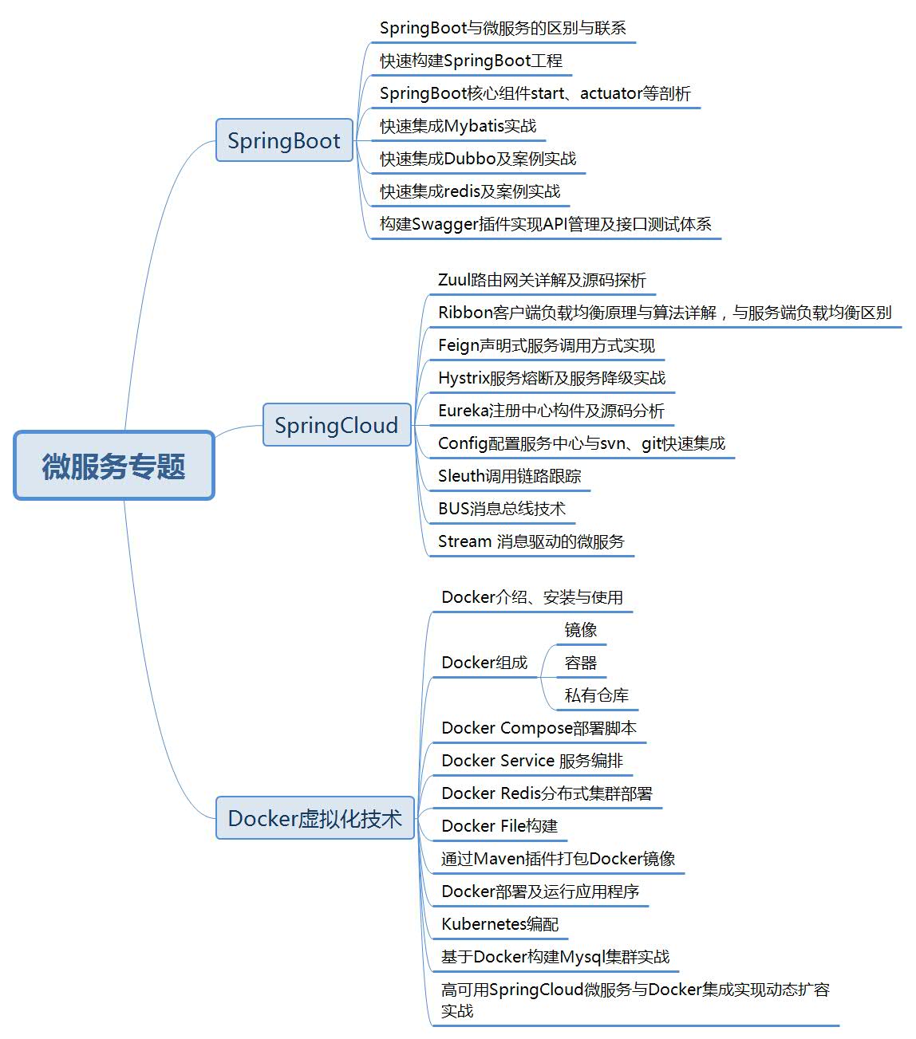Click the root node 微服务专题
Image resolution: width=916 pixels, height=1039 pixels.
pyautogui.click(x=114, y=466)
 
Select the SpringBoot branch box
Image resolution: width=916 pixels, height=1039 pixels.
pyautogui.click(x=284, y=140)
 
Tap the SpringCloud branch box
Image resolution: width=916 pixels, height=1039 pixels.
pyautogui.click(x=336, y=425)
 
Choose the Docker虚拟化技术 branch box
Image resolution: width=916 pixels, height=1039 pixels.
pyautogui.click(x=315, y=818)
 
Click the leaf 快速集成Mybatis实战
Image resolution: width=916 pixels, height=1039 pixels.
pyautogui.click(x=458, y=126)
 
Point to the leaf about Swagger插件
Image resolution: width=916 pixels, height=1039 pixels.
pyautogui.click(x=545, y=224)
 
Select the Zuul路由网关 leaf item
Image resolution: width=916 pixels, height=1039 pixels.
pyautogui.click(x=542, y=280)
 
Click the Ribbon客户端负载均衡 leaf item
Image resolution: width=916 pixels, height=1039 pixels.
pyautogui.click(x=664, y=313)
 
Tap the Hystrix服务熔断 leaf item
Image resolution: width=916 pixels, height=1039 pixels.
pyautogui.click(x=551, y=378)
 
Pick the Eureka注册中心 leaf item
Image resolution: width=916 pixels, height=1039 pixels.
pyautogui.click(x=551, y=411)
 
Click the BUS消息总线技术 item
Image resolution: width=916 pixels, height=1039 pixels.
pyautogui.click(x=501, y=509)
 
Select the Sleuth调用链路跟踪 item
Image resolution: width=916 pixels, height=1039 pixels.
pyautogui.click(x=509, y=476)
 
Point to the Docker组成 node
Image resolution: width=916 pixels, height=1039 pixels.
pyautogui.click(x=484, y=663)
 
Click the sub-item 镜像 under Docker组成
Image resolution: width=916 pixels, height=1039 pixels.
pyautogui.click(x=580, y=630)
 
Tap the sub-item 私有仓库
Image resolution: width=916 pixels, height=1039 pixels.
pyautogui.click(x=596, y=695)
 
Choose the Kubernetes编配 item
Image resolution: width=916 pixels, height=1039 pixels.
pyautogui.click(x=499, y=924)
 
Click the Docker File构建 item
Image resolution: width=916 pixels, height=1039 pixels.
pyautogui.click(x=499, y=826)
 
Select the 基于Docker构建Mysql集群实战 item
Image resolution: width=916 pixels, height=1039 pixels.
pyautogui.click(x=555, y=957)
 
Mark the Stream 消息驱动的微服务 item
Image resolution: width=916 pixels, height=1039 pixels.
pyautogui.click(x=531, y=541)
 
